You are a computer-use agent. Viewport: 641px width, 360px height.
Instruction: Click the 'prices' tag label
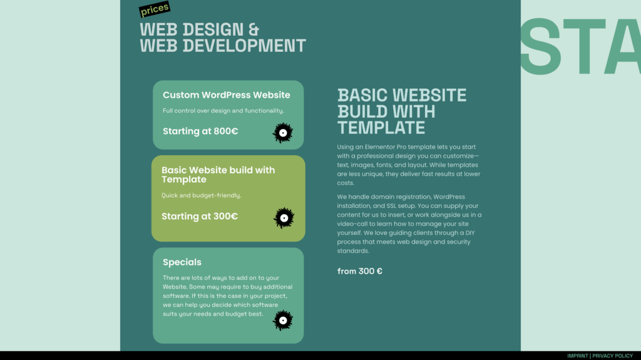click(x=155, y=9)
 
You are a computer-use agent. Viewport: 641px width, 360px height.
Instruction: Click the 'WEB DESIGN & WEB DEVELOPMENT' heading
click(x=223, y=38)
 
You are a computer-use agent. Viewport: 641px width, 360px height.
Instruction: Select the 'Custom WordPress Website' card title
click(x=227, y=95)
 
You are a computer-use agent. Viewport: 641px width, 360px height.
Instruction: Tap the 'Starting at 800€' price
click(x=200, y=131)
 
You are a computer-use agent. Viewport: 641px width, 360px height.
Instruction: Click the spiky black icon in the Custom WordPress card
click(x=283, y=133)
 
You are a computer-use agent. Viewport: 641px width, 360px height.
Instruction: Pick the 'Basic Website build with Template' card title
click(x=218, y=175)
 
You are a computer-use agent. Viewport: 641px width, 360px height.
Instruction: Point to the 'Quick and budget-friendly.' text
click(x=201, y=195)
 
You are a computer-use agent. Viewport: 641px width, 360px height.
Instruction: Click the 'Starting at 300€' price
click(x=200, y=217)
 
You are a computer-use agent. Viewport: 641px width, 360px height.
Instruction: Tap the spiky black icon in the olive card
click(x=284, y=218)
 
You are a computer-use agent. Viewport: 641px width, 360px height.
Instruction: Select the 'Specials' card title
click(x=182, y=262)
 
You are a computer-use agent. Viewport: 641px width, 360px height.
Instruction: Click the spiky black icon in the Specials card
click(x=283, y=321)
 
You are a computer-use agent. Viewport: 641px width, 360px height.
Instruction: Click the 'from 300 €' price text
click(x=360, y=271)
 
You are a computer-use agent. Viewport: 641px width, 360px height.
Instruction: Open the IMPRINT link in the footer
click(x=577, y=356)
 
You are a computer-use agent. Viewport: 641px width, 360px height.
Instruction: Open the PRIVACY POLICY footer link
click(x=612, y=356)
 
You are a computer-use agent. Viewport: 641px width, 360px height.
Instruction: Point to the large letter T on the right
click(x=584, y=46)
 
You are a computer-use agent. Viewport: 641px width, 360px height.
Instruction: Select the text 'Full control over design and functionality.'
click(x=223, y=111)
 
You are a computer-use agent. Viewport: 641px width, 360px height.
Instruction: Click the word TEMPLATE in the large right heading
click(x=381, y=128)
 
